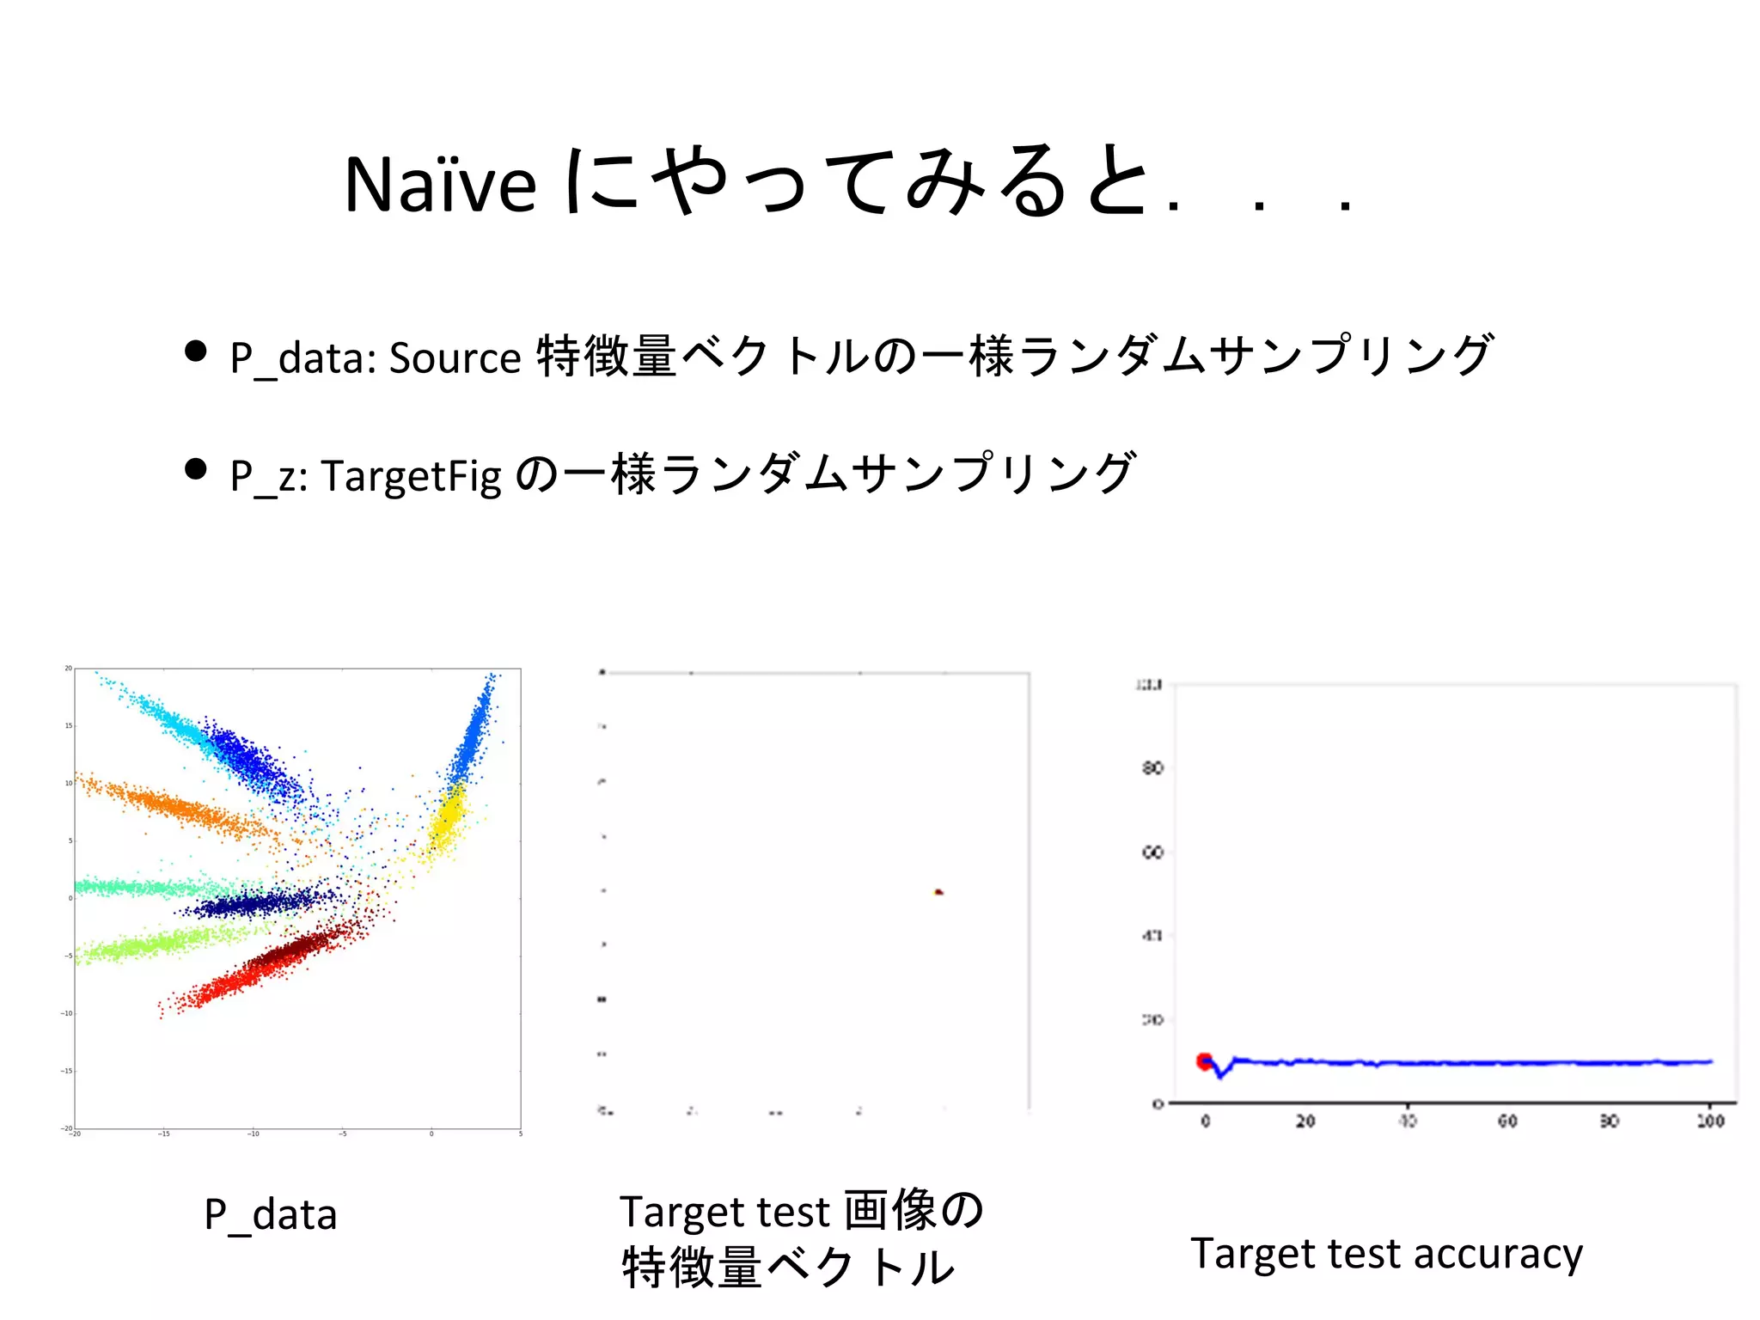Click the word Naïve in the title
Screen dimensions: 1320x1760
click(440, 185)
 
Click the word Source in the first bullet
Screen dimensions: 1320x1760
click(455, 357)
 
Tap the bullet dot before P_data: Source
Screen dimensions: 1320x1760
click(196, 351)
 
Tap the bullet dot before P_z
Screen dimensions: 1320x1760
click(196, 468)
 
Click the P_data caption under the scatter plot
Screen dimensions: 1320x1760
click(270, 1215)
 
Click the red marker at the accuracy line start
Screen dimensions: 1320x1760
click(1205, 1061)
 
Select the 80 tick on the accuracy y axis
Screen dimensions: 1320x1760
click(1152, 767)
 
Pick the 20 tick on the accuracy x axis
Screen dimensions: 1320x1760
click(1305, 1121)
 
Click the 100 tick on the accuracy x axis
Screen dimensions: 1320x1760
click(1710, 1121)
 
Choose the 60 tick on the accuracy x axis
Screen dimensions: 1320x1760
click(1507, 1121)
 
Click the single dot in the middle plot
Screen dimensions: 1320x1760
click(938, 892)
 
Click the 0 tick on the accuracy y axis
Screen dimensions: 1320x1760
click(1158, 1103)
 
